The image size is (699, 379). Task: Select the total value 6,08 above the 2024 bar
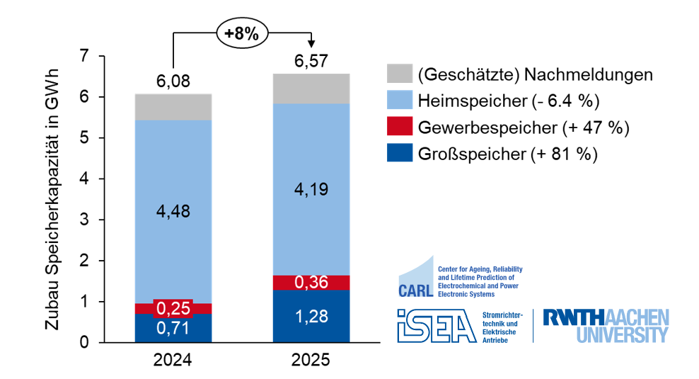tap(173, 81)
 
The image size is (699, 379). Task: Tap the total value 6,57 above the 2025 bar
tap(311, 62)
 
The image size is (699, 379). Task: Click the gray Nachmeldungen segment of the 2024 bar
tap(173, 107)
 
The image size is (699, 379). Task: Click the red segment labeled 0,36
tap(311, 283)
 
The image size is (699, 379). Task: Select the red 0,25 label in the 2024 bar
tap(173, 309)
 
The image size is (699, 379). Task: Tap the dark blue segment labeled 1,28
tap(311, 316)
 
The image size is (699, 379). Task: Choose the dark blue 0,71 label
tap(173, 328)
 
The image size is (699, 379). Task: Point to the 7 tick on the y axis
tap(86, 56)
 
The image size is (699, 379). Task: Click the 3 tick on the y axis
tap(86, 220)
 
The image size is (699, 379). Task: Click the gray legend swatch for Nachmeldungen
tap(400, 74)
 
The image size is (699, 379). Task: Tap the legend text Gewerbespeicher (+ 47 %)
tap(523, 128)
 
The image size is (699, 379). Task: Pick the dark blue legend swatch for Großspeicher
tap(400, 154)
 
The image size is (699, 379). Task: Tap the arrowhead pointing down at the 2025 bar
tap(311, 45)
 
